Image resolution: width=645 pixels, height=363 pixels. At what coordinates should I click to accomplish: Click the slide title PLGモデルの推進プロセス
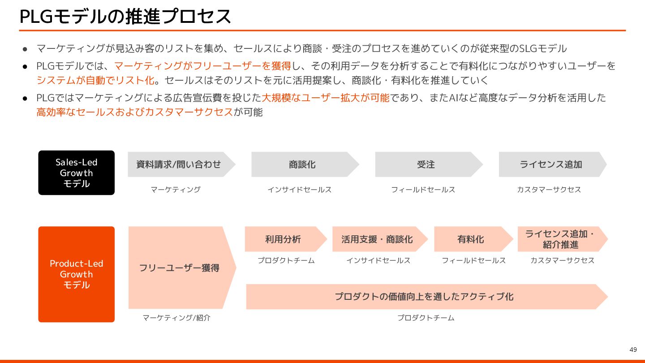tap(125, 17)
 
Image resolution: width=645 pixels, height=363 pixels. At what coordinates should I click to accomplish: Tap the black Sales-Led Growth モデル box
tap(77, 173)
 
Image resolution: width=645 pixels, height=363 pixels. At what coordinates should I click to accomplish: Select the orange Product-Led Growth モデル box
tap(77, 274)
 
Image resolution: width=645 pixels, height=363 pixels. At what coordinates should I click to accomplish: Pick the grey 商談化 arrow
tap(302, 164)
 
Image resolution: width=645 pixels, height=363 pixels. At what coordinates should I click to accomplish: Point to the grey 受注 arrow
tap(426, 164)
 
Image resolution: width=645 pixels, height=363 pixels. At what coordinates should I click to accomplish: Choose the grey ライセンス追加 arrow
tap(550, 164)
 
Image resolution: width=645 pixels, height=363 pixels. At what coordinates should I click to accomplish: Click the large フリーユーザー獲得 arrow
tap(179, 268)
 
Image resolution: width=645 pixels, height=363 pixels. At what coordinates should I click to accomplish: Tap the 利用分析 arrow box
tap(284, 239)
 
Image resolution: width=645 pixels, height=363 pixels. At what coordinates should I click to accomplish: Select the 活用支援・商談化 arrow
tap(377, 239)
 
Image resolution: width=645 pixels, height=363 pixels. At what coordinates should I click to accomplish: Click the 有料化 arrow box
tap(471, 239)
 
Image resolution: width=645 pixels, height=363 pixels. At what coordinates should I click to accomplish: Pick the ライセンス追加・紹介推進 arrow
tap(560, 239)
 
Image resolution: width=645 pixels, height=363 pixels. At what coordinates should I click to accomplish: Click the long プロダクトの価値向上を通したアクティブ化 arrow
tap(424, 297)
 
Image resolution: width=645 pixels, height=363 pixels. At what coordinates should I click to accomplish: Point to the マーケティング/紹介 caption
tap(176, 318)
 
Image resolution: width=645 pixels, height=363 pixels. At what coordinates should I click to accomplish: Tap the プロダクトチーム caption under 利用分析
tap(286, 260)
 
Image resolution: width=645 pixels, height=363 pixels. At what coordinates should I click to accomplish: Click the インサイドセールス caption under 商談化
tap(300, 190)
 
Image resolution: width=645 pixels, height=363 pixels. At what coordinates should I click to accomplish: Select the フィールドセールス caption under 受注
tap(423, 190)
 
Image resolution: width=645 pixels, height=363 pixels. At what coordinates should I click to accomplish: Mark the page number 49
tap(633, 350)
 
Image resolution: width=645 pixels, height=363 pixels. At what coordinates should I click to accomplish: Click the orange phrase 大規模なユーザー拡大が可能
tap(326, 98)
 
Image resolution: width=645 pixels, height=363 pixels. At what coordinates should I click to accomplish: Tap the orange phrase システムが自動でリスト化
tap(95, 81)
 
